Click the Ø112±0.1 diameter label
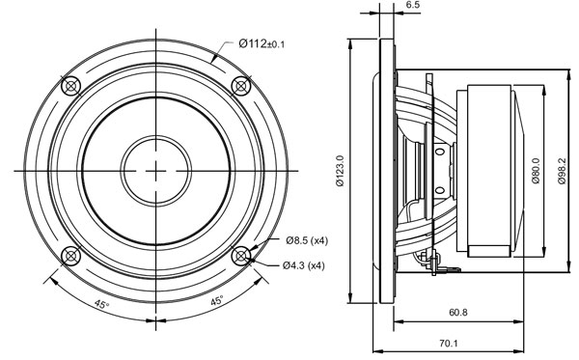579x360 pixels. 262,44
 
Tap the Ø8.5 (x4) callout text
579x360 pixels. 307,240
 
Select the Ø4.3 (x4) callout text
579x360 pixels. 304,265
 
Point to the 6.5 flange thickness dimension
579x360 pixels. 412,5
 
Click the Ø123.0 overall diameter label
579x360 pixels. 340,170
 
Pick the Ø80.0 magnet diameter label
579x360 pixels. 537,170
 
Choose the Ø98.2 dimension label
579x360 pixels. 562,171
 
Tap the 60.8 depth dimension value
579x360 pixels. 458,313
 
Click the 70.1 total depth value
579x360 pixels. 449,344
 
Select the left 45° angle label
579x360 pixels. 101,304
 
